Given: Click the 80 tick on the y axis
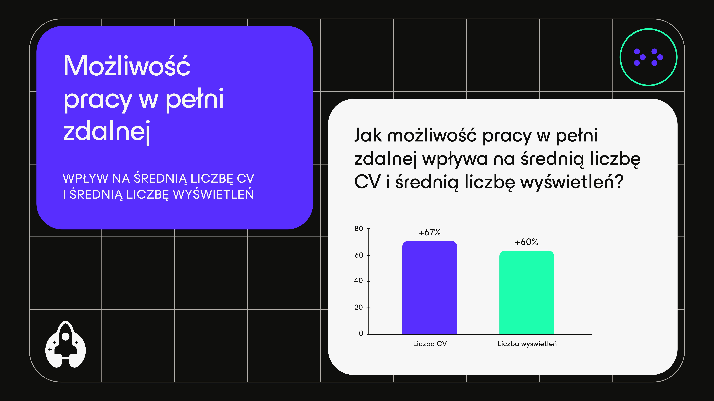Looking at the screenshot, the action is coord(359,229).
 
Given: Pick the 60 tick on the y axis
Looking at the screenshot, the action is coord(359,255).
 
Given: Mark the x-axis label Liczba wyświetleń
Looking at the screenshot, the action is coord(527,344).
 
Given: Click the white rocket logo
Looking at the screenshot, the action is coord(65,345).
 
